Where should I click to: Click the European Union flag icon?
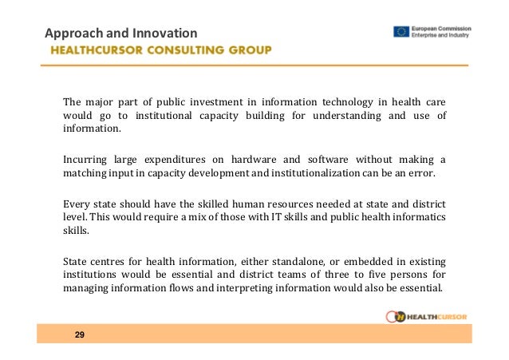pos(402,32)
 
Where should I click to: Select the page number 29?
pos(80,334)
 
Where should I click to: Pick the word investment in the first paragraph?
pos(221,103)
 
